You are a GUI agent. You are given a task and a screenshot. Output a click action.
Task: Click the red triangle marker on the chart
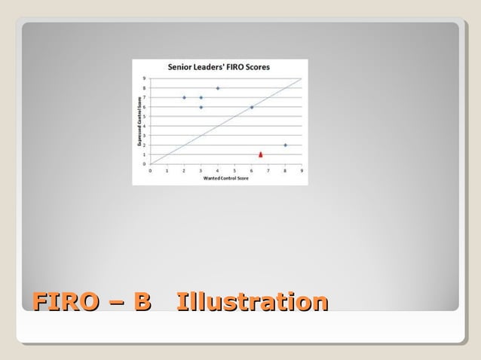coord(260,154)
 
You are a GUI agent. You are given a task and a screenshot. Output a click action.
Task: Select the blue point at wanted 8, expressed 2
coord(285,145)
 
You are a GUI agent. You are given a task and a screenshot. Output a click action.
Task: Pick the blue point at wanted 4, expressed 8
coord(218,88)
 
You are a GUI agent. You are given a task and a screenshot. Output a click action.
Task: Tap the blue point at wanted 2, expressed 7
coord(184,97)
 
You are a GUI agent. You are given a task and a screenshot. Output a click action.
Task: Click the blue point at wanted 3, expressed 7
coord(201,97)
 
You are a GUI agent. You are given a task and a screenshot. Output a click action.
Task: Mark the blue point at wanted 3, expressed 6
coord(201,107)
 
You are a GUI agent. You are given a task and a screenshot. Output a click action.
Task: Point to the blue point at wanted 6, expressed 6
coord(251,107)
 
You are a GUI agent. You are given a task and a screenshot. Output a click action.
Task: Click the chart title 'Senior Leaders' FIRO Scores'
coord(219,67)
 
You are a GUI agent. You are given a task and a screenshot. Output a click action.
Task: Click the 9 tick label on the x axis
coord(302,171)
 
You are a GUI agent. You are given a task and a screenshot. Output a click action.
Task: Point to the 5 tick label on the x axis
coord(234,171)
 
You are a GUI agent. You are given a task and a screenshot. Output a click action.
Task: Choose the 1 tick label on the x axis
coord(167,171)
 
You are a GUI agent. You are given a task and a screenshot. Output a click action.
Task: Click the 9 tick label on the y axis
coord(145,78)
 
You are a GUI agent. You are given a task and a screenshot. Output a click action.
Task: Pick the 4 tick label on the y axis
coord(145,126)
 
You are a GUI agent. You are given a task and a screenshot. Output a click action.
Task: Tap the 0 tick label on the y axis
coord(145,163)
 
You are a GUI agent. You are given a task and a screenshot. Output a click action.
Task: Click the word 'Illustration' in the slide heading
coord(252,302)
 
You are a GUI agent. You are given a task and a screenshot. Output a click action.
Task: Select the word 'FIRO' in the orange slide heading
coord(66,302)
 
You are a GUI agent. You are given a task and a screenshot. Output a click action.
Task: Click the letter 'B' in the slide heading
coord(142,302)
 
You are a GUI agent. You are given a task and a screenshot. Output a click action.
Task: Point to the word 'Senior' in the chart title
coord(180,67)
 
